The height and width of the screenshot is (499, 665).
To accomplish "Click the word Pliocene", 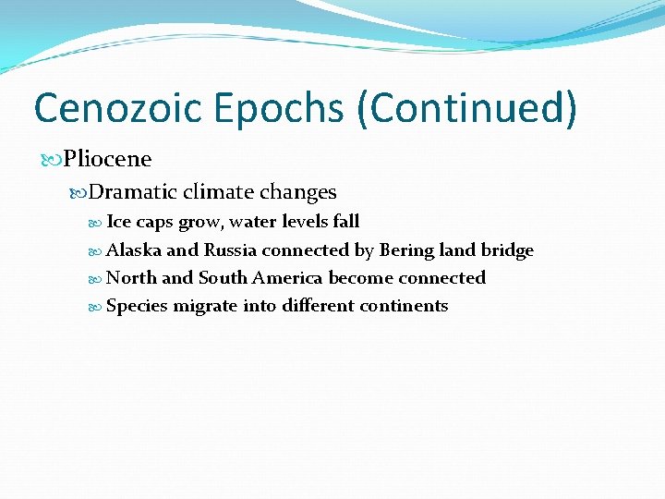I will tap(107, 159).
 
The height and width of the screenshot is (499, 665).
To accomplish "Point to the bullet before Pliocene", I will tap(54, 159).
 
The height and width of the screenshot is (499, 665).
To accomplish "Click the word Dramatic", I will tap(133, 192).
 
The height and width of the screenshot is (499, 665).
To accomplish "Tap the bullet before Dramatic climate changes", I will tap(79, 192).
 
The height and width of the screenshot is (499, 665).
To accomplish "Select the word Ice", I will tap(119, 222).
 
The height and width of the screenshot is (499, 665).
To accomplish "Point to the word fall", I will tap(345, 222).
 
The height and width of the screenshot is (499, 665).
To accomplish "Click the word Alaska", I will tap(134, 250).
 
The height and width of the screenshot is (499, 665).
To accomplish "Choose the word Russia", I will tap(231, 250).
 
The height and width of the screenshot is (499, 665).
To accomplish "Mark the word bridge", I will tap(507, 250).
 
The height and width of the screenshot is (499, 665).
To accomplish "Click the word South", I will tap(223, 278).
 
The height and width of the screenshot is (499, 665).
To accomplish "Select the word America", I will tap(288, 278).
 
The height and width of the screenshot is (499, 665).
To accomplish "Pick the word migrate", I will tap(203, 307).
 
